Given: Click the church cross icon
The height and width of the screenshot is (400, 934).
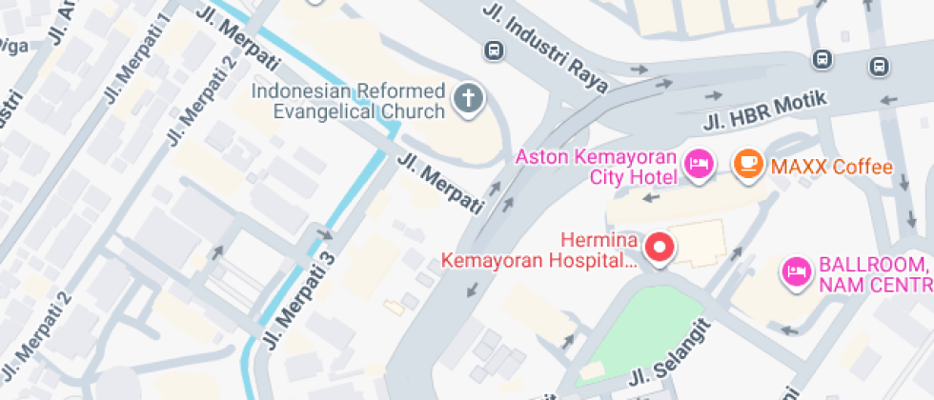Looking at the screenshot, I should [x=469, y=98].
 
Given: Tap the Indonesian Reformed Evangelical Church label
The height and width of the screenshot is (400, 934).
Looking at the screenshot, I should [x=348, y=101].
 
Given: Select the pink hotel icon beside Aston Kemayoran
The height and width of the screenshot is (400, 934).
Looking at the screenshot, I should [x=701, y=165].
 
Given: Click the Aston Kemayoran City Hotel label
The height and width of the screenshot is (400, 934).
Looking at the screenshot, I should [x=596, y=167].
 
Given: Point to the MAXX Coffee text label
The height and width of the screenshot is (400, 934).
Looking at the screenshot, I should [x=831, y=168].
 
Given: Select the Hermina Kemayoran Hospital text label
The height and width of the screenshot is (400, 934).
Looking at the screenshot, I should [x=538, y=250].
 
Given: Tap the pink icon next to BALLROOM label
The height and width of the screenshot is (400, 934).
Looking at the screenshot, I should [x=794, y=272].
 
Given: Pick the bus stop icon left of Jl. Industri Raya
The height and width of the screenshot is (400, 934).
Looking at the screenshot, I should [x=494, y=50].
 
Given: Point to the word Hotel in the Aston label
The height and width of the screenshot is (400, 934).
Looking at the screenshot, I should [x=654, y=176].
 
